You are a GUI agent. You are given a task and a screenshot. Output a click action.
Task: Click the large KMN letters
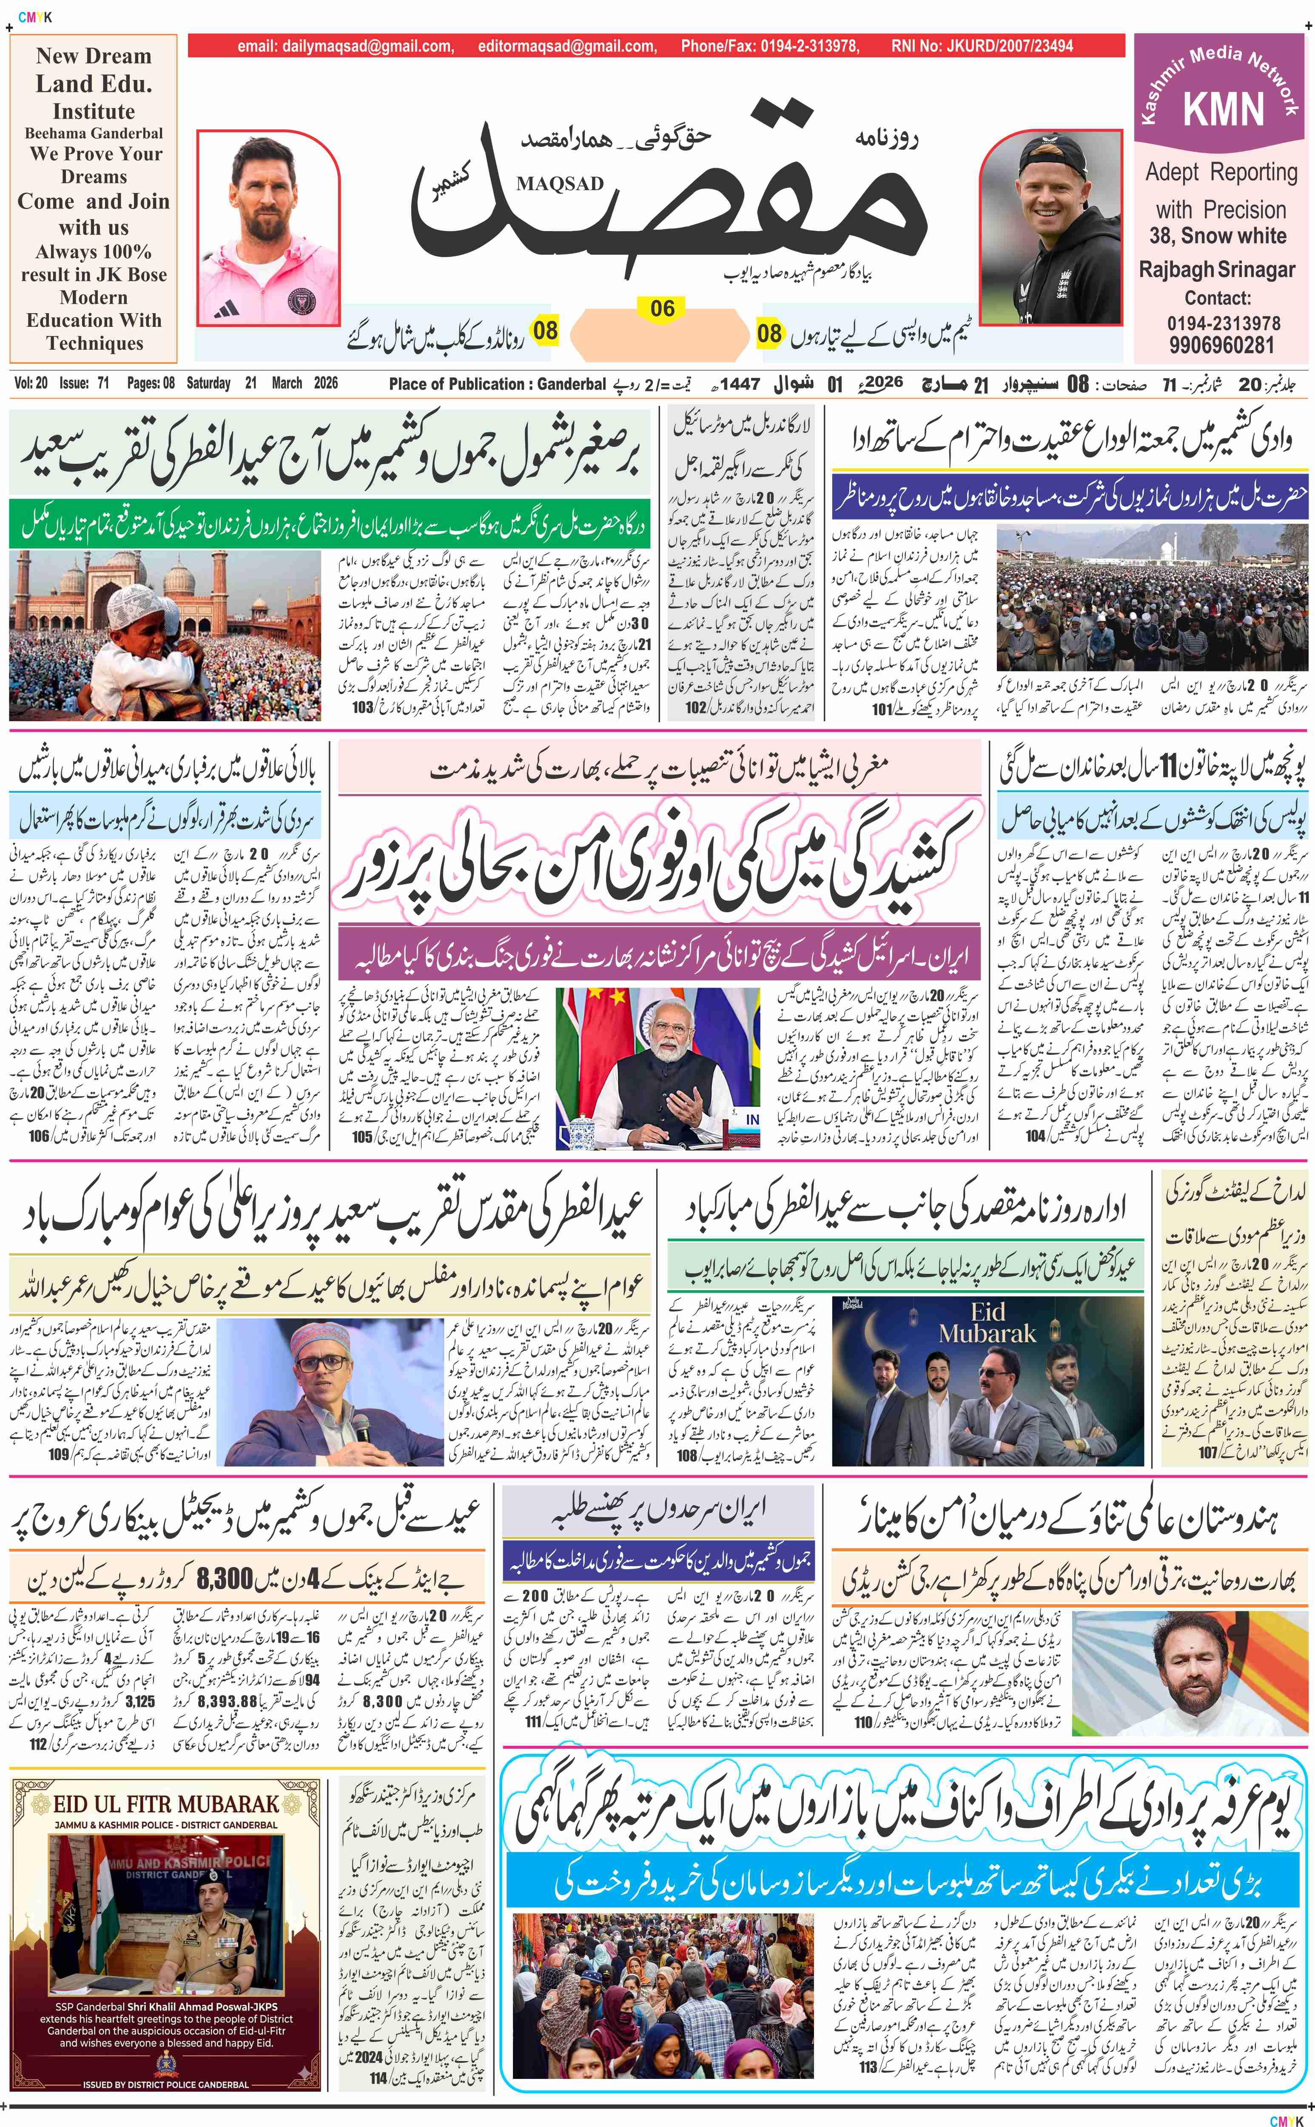pos(1223,110)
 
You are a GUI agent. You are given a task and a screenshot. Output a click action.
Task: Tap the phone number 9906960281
pos(1222,345)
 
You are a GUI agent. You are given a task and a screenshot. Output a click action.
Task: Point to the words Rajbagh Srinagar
pos(1222,270)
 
